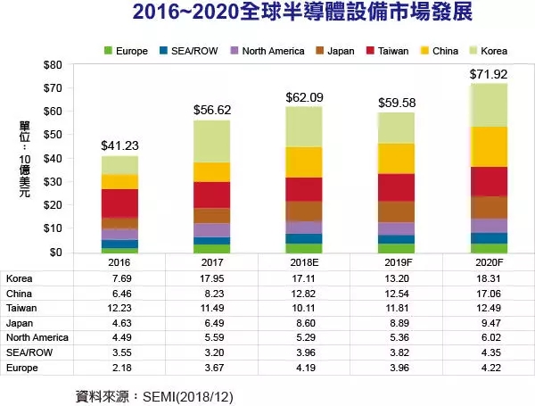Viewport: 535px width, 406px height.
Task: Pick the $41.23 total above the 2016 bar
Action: (119, 145)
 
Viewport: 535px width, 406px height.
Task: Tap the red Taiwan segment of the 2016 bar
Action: (119, 203)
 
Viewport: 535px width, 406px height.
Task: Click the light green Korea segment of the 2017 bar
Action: (212, 141)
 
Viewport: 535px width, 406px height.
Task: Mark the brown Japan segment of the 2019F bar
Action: (395, 211)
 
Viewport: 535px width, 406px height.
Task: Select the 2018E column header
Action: (304, 263)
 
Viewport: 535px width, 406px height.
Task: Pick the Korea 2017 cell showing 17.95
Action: (212, 278)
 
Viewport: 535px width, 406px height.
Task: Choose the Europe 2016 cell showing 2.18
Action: (119, 367)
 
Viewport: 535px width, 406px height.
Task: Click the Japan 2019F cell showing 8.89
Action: (395, 322)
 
